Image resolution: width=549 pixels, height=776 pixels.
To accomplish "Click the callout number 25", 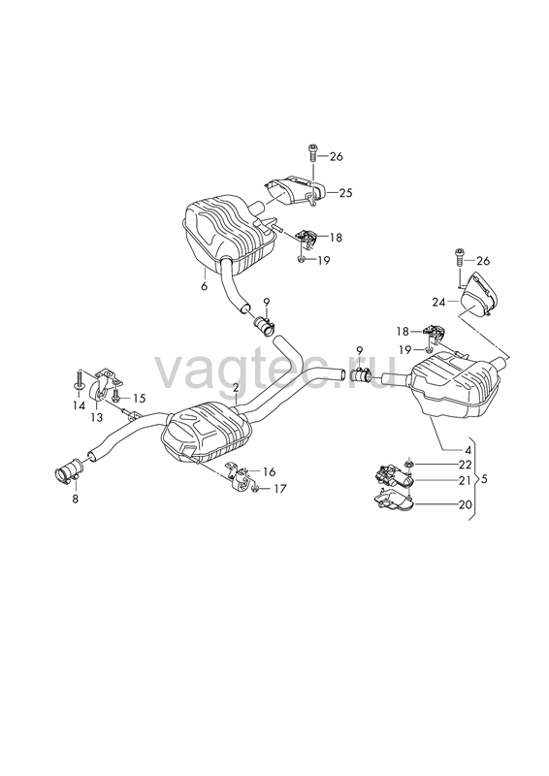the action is (x=345, y=192).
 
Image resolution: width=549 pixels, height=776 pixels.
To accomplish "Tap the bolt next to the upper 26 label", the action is (x=313, y=152).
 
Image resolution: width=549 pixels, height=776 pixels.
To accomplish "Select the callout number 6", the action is (x=205, y=286).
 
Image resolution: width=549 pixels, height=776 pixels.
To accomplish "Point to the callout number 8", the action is (x=76, y=499).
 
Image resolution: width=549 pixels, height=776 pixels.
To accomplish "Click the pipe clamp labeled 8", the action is (x=69, y=471).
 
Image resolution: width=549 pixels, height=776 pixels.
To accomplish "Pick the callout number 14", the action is (x=79, y=405).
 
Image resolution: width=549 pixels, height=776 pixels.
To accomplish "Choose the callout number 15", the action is (x=139, y=398).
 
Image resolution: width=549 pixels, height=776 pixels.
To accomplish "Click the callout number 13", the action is (x=97, y=418).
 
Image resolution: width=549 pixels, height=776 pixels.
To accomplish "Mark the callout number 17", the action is (x=279, y=489).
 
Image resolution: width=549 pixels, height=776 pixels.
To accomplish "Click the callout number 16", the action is (x=269, y=472).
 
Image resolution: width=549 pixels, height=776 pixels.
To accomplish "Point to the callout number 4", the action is (x=468, y=450).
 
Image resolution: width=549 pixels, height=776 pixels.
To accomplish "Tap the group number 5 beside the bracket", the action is (x=484, y=479).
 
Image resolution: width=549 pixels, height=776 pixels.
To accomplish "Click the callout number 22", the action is (x=465, y=465).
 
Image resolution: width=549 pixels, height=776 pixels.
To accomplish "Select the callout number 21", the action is (x=465, y=480).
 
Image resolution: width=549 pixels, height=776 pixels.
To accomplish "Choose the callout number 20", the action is (x=465, y=504).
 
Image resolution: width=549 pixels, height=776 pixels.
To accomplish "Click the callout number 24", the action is (x=438, y=302).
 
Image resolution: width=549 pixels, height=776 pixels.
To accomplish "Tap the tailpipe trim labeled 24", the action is (x=478, y=294).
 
